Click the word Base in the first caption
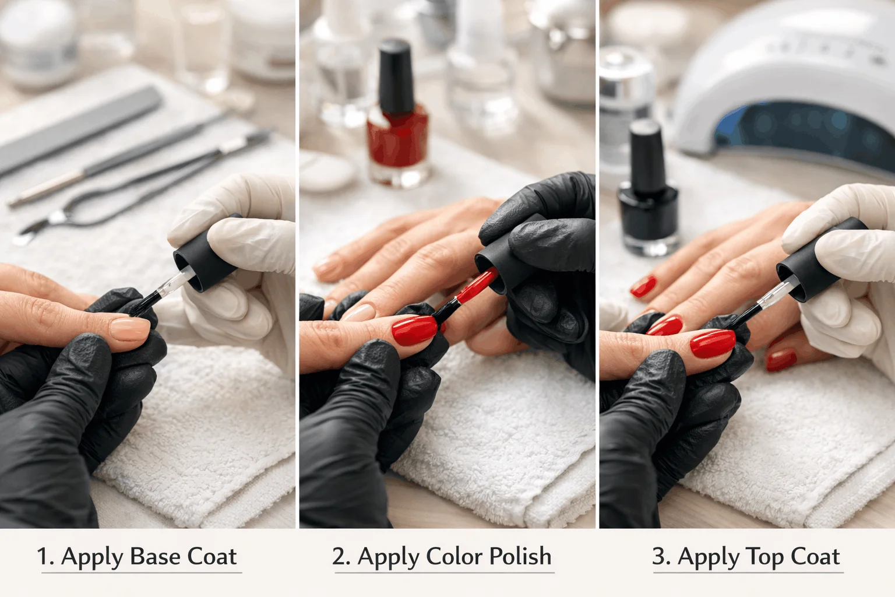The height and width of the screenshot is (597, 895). pos(154,557)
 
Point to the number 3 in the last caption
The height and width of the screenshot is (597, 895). pos(660,557)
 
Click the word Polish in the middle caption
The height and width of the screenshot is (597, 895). pos(520,557)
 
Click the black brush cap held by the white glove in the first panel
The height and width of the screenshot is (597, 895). pos(204,259)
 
